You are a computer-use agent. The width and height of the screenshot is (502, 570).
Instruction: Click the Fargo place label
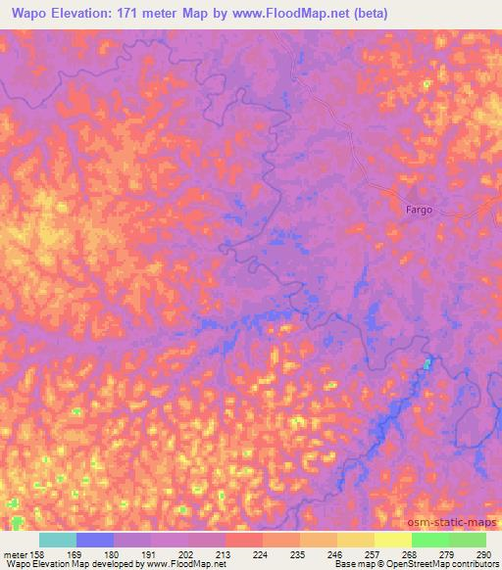coord(419,210)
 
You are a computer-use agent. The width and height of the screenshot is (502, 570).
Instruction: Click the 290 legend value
coord(483,553)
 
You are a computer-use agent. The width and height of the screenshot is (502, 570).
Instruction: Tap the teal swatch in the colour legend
coord(58,540)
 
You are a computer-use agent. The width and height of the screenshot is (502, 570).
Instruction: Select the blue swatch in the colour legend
coord(95,540)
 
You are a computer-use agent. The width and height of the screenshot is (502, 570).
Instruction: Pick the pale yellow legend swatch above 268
coord(393,540)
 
